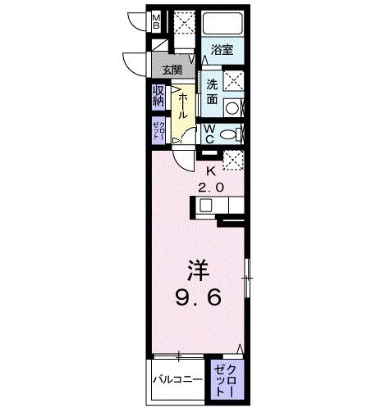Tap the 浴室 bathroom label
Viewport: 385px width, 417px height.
click(x=222, y=49)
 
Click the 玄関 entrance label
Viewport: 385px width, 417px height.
click(x=172, y=70)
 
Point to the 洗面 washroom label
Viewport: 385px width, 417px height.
click(x=212, y=90)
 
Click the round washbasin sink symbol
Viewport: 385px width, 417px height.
click(x=233, y=107)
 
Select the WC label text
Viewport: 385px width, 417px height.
click(x=209, y=134)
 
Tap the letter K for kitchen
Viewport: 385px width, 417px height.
click(x=211, y=171)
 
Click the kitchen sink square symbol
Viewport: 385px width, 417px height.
click(x=205, y=206)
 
